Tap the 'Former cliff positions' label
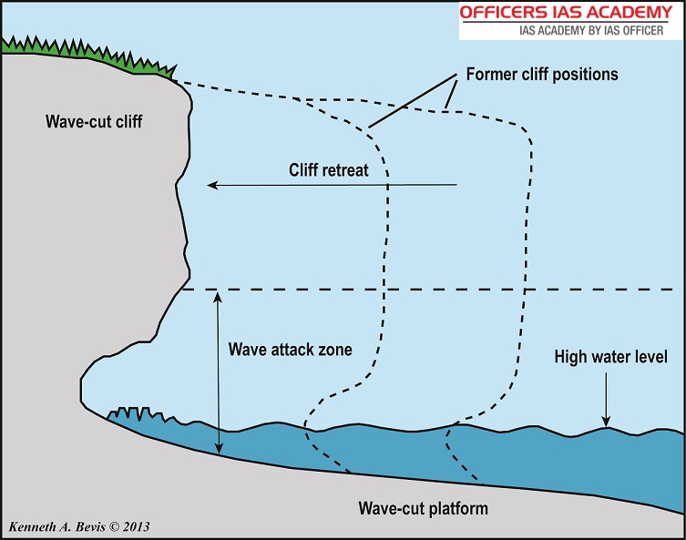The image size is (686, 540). pos(541,74)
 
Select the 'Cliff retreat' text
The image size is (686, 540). pos(328,169)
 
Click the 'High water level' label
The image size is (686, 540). pos(610,357)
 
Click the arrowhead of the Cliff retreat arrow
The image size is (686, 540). pos(212,186)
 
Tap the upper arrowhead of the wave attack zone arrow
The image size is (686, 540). pos(217,296)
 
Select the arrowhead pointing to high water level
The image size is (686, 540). pos(607,420)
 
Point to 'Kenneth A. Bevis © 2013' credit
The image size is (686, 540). pos(78,527)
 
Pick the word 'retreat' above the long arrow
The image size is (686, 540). pos(345,169)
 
